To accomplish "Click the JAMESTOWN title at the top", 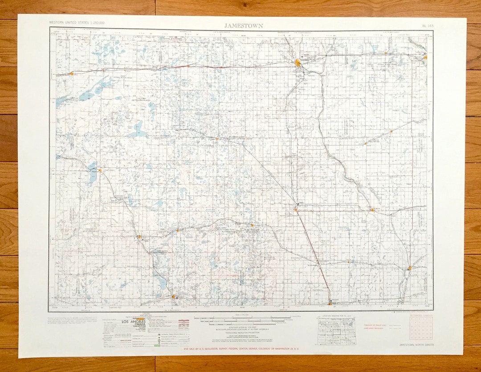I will (243, 25).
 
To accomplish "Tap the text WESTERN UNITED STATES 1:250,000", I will (77, 22).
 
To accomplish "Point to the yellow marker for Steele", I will (71, 74).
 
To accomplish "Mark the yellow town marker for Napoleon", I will (100, 170).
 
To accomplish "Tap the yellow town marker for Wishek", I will (139, 237).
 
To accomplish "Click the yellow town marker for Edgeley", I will (295, 209).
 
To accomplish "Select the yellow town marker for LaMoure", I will (372, 209).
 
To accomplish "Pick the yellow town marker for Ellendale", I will (330, 303).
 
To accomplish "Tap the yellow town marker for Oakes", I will (409, 268).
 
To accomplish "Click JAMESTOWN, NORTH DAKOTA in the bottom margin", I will (416, 345).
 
